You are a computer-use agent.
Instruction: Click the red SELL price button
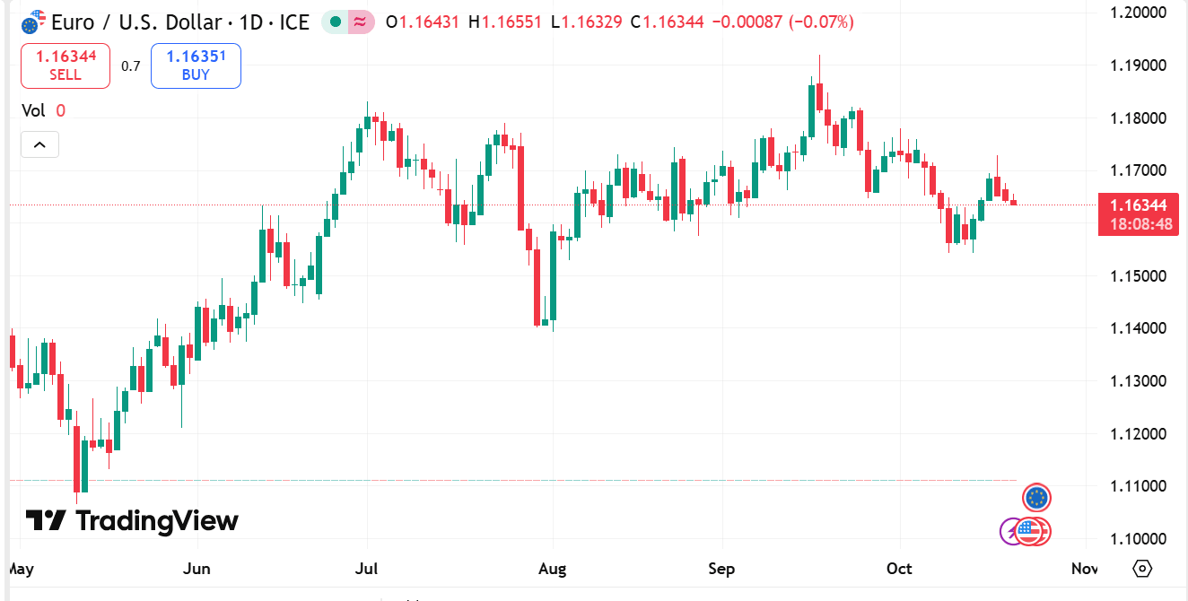coord(66,65)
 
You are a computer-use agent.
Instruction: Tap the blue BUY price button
coord(196,65)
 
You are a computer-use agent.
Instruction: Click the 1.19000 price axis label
coord(1137,65)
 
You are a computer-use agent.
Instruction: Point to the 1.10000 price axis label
coord(1137,538)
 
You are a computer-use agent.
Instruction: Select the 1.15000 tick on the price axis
coord(1137,275)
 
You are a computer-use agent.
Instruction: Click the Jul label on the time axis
coord(366,569)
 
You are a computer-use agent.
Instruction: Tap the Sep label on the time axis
coord(721,569)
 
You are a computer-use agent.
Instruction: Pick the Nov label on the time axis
coord(1085,569)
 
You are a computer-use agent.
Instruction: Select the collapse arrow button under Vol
coord(39,144)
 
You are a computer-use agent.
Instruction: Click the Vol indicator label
coord(33,110)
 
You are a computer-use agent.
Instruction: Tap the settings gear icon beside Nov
coord(1142,569)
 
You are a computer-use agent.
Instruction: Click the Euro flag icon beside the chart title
coord(33,22)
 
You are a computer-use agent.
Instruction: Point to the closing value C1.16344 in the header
coord(667,22)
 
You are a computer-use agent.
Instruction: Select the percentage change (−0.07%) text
coord(821,22)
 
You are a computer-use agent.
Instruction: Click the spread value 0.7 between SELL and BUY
coord(131,65)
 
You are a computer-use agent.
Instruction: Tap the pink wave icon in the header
coord(361,22)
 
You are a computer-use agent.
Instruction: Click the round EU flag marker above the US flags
coord(1036,497)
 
